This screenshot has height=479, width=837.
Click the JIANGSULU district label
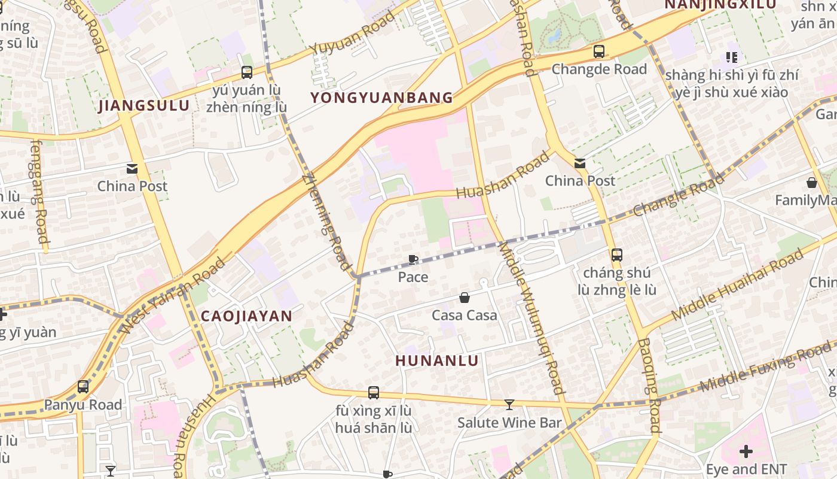pos(144,106)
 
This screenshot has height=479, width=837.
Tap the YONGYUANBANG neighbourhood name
pos(381,98)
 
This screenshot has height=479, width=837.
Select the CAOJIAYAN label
pos(246,316)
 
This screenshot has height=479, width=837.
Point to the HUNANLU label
pos(437,360)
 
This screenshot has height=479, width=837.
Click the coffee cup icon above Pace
pos(413,259)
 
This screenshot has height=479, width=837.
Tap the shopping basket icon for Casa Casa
pos(465,298)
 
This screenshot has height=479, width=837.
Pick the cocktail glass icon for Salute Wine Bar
pos(509,405)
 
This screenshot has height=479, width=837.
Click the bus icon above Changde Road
pos(599,51)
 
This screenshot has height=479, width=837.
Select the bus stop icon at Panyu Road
pos(83,387)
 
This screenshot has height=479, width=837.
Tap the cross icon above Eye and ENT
pos(746,451)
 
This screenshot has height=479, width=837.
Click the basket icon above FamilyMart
pos(812,182)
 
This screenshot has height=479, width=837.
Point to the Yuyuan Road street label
pos(353,33)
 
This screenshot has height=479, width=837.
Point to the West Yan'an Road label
pos(173,296)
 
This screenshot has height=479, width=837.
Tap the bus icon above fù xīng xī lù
pos(374,393)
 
